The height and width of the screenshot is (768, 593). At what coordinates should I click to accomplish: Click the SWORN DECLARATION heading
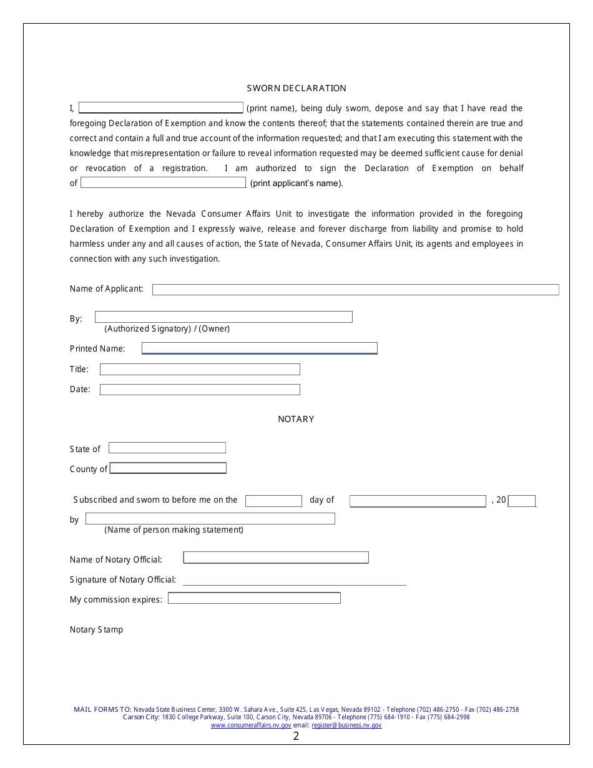coord(296,88)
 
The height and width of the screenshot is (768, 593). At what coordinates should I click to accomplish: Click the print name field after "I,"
coord(160,108)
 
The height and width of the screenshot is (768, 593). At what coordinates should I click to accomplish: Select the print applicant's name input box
coord(163,183)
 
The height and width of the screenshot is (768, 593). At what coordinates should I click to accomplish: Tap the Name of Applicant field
coord(355,290)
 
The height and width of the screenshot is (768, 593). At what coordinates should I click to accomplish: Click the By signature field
coord(223,317)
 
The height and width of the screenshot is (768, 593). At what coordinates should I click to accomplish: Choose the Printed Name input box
coord(259,348)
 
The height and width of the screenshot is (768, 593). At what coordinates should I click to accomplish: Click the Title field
coord(200,370)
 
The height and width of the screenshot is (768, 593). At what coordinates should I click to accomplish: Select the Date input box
coord(200,390)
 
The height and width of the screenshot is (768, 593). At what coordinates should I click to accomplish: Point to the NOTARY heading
coord(296,419)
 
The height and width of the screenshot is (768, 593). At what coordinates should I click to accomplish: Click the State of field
coord(167,448)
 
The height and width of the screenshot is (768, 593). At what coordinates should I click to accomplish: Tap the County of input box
coord(168,468)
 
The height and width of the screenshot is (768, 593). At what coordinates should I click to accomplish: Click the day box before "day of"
coord(273,501)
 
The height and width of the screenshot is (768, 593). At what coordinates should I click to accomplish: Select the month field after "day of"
coord(418,501)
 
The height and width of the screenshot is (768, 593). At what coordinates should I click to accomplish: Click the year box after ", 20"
coord(522,501)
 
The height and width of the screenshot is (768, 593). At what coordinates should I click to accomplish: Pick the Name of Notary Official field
coord(275,558)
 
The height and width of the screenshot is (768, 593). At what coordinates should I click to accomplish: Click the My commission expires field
coord(254,598)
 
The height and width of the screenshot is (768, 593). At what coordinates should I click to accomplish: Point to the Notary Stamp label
coord(96,629)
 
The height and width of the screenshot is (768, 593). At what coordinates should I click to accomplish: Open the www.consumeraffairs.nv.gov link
coord(251,726)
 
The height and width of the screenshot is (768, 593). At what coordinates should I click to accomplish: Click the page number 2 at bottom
coord(296,736)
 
